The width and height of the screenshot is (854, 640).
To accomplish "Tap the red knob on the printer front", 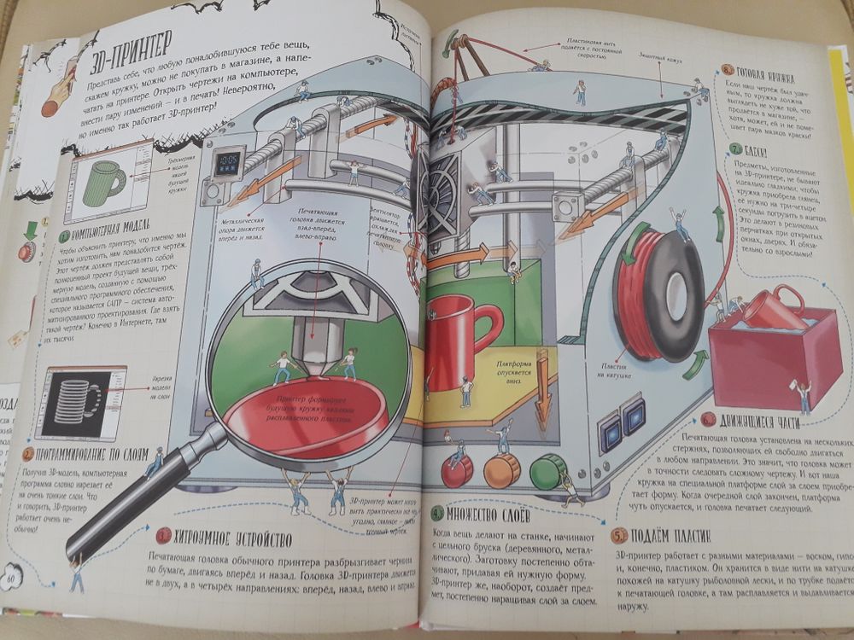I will point(456,470).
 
